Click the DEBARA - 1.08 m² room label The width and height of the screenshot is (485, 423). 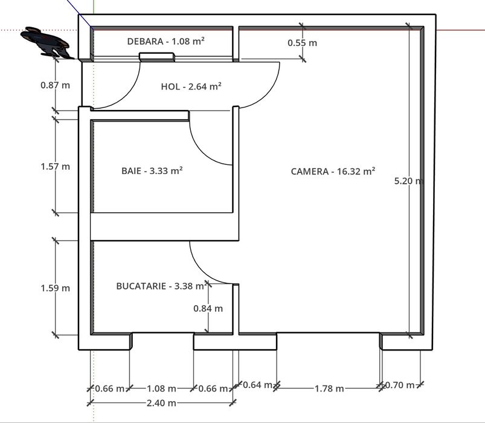tap(165, 41)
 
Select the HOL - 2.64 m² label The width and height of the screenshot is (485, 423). tap(191, 86)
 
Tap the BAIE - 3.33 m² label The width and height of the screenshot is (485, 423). tap(152, 171)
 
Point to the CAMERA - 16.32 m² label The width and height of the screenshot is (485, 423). tap(333, 172)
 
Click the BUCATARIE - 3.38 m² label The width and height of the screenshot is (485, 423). tap(161, 286)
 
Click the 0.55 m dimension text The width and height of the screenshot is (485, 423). tap(302, 43)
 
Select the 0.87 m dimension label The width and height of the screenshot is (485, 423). tap(56, 85)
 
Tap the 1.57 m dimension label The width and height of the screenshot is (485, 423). tap(56, 166)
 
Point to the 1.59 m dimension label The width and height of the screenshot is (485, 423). tap(56, 288)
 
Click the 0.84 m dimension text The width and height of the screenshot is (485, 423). tap(208, 308)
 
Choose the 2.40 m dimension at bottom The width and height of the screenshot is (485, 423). tap(161, 403)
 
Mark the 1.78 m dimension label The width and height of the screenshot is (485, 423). tap(329, 389)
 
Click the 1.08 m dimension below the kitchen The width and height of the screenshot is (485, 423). tap(161, 389)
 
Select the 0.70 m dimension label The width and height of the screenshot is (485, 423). tap(400, 385)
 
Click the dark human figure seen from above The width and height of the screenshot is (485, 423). tap(47, 42)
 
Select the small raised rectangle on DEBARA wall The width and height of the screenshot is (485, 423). tap(157, 57)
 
